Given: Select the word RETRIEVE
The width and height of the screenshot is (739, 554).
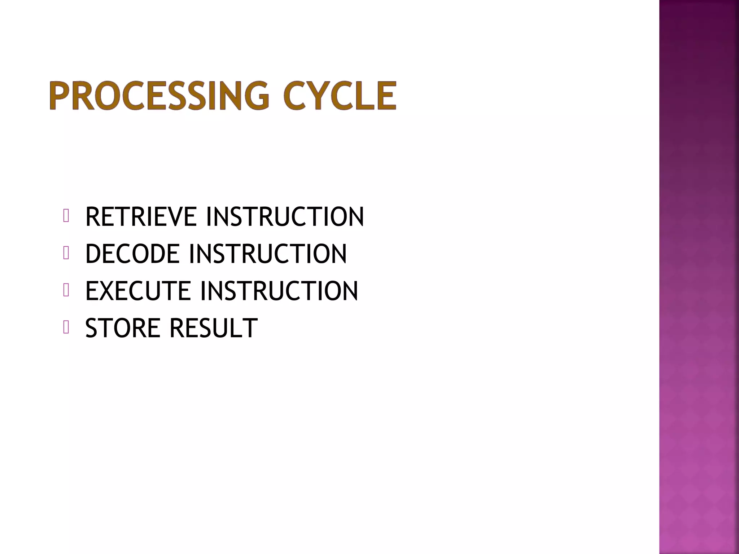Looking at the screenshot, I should click(141, 217).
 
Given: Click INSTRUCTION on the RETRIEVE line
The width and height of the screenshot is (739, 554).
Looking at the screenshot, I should click(285, 217).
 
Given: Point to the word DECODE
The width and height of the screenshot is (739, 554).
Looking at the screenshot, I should click(132, 254).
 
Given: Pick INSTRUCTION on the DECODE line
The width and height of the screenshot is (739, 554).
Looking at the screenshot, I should click(268, 254).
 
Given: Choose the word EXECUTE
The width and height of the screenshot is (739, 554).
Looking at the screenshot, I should click(138, 291).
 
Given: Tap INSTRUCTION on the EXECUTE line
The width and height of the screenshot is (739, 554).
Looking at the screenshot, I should click(279, 291).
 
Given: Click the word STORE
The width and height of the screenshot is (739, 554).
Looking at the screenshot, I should click(123, 328).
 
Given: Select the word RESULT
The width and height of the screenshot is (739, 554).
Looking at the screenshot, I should click(214, 328).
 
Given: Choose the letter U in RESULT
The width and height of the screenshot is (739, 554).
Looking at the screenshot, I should click(220, 328).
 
